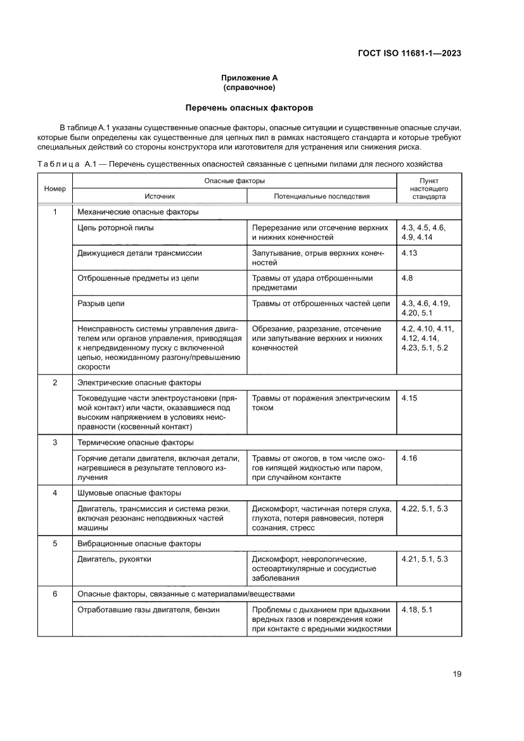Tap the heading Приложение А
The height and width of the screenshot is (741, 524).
pos(248,78)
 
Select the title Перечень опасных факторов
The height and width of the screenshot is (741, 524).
pos(249,108)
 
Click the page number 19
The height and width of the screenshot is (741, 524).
pos(457,674)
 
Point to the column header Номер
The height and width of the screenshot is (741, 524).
pos(54,189)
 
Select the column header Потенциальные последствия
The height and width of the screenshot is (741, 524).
pos(321,197)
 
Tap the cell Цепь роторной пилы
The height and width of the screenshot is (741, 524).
pos(115,227)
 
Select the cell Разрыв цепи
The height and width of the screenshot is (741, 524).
pos(101,304)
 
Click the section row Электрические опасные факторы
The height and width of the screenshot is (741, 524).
pos(139,383)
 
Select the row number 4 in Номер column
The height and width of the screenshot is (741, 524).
pos(54,493)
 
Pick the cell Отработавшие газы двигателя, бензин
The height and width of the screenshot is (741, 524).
pos(148,610)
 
